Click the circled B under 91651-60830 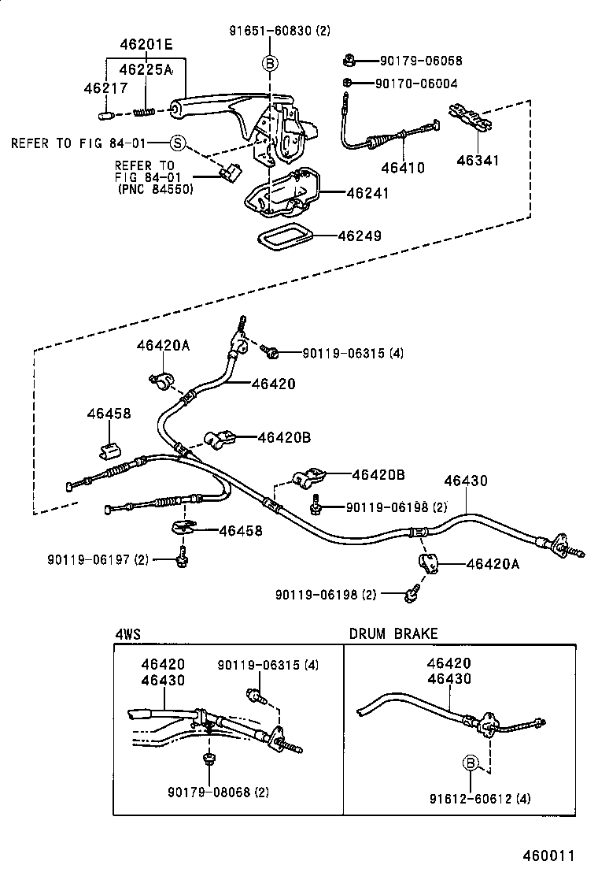269,62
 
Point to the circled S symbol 178,143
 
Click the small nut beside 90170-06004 346,83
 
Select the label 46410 402,167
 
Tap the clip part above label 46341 470,117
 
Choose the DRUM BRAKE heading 393,633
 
